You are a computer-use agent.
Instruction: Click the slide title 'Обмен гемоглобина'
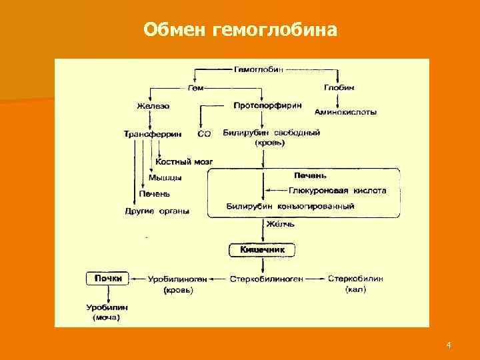coord(241,30)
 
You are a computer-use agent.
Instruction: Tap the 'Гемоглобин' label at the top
coord(257,69)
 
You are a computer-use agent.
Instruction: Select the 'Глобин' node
coord(339,87)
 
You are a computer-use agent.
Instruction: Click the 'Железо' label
coord(153,106)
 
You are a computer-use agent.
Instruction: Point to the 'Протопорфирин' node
coord(267,105)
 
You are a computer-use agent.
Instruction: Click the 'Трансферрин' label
coord(153,134)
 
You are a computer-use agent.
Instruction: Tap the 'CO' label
coord(205,134)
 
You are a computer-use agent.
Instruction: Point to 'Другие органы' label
coord(157,211)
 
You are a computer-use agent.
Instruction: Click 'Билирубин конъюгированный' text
coord(290,207)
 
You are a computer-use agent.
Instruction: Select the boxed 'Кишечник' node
coord(262,249)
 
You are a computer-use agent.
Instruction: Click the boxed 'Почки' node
coord(108,279)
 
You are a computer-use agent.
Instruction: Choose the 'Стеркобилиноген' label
coord(267,279)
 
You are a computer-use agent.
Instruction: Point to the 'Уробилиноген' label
coord(178,279)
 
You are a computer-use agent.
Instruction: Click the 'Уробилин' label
coord(107,307)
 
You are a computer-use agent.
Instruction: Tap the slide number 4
coord(449,345)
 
